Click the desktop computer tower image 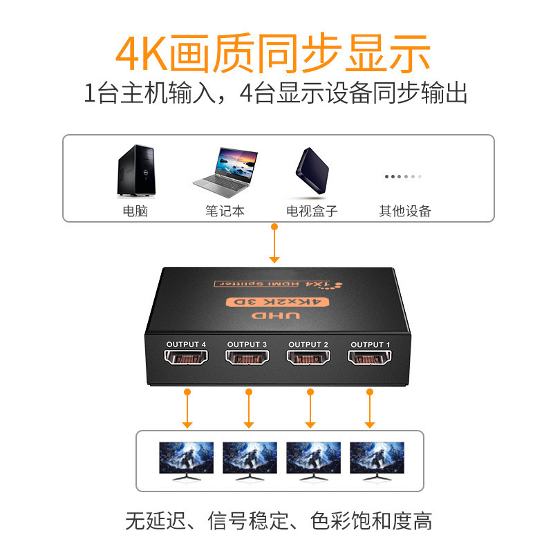pos(136,170)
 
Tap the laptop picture pos(225,173)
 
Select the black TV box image pos(312,171)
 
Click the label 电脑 pos(135,211)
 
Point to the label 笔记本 pos(225,211)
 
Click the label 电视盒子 pos(312,211)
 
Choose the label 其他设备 pos(405,211)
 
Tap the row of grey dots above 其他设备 pos(403,176)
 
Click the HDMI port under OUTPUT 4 pos(186,357)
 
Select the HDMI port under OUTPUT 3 pos(247,357)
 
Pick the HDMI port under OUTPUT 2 pos(308,357)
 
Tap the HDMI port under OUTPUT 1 pos(369,357)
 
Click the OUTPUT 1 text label pos(371,344)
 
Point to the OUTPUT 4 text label pos(186,344)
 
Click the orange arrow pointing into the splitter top pos(274,243)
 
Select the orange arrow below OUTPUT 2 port pos(310,409)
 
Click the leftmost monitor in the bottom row pos(186,461)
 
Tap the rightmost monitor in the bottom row pos(377,461)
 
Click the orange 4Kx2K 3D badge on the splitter pos(277,302)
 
